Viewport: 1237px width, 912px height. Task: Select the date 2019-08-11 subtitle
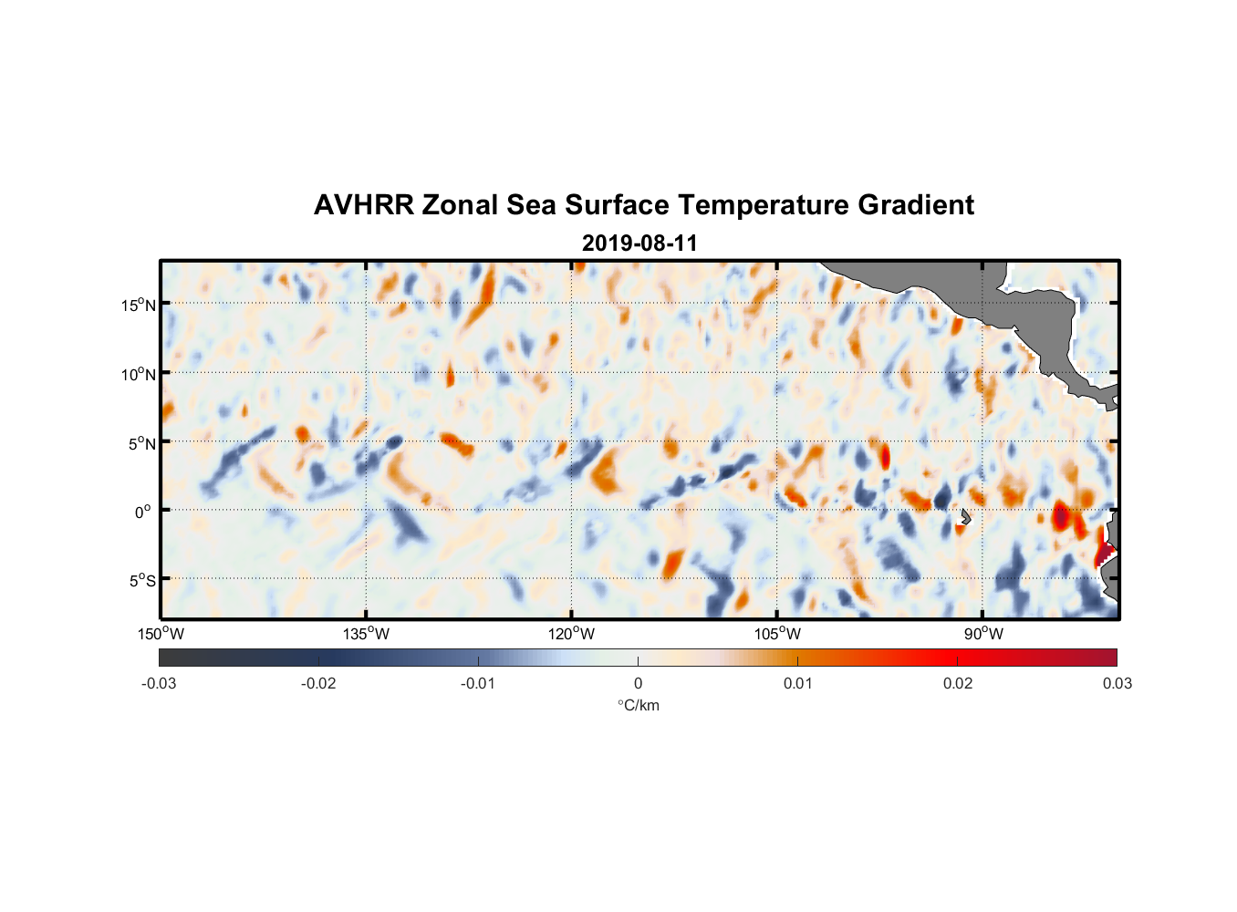click(x=639, y=244)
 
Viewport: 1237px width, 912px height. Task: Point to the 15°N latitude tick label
click(x=139, y=305)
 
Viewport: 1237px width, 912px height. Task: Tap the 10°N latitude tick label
click(x=139, y=374)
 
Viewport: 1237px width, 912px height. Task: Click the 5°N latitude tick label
click(x=141, y=443)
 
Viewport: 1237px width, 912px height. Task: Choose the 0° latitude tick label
click(x=143, y=512)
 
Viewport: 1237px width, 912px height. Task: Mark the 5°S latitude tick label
click(x=141, y=581)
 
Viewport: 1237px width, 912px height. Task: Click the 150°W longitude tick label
click(x=161, y=634)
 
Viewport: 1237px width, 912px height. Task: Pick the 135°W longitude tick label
click(x=367, y=634)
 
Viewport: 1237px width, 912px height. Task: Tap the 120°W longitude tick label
click(x=572, y=634)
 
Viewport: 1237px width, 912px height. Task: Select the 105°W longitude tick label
click(x=777, y=634)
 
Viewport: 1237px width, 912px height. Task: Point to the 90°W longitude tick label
click(x=983, y=634)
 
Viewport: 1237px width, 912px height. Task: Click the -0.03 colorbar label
click(x=159, y=683)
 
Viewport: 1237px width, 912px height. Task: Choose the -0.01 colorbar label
click(x=478, y=683)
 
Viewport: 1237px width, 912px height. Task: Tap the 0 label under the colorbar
click(x=638, y=683)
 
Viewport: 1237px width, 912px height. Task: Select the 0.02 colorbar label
click(x=958, y=683)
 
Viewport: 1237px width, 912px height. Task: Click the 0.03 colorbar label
click(x=1117, y=683)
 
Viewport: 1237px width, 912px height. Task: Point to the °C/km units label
click(x=639, y=705)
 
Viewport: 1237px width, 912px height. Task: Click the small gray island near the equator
click(x=965, y=516)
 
